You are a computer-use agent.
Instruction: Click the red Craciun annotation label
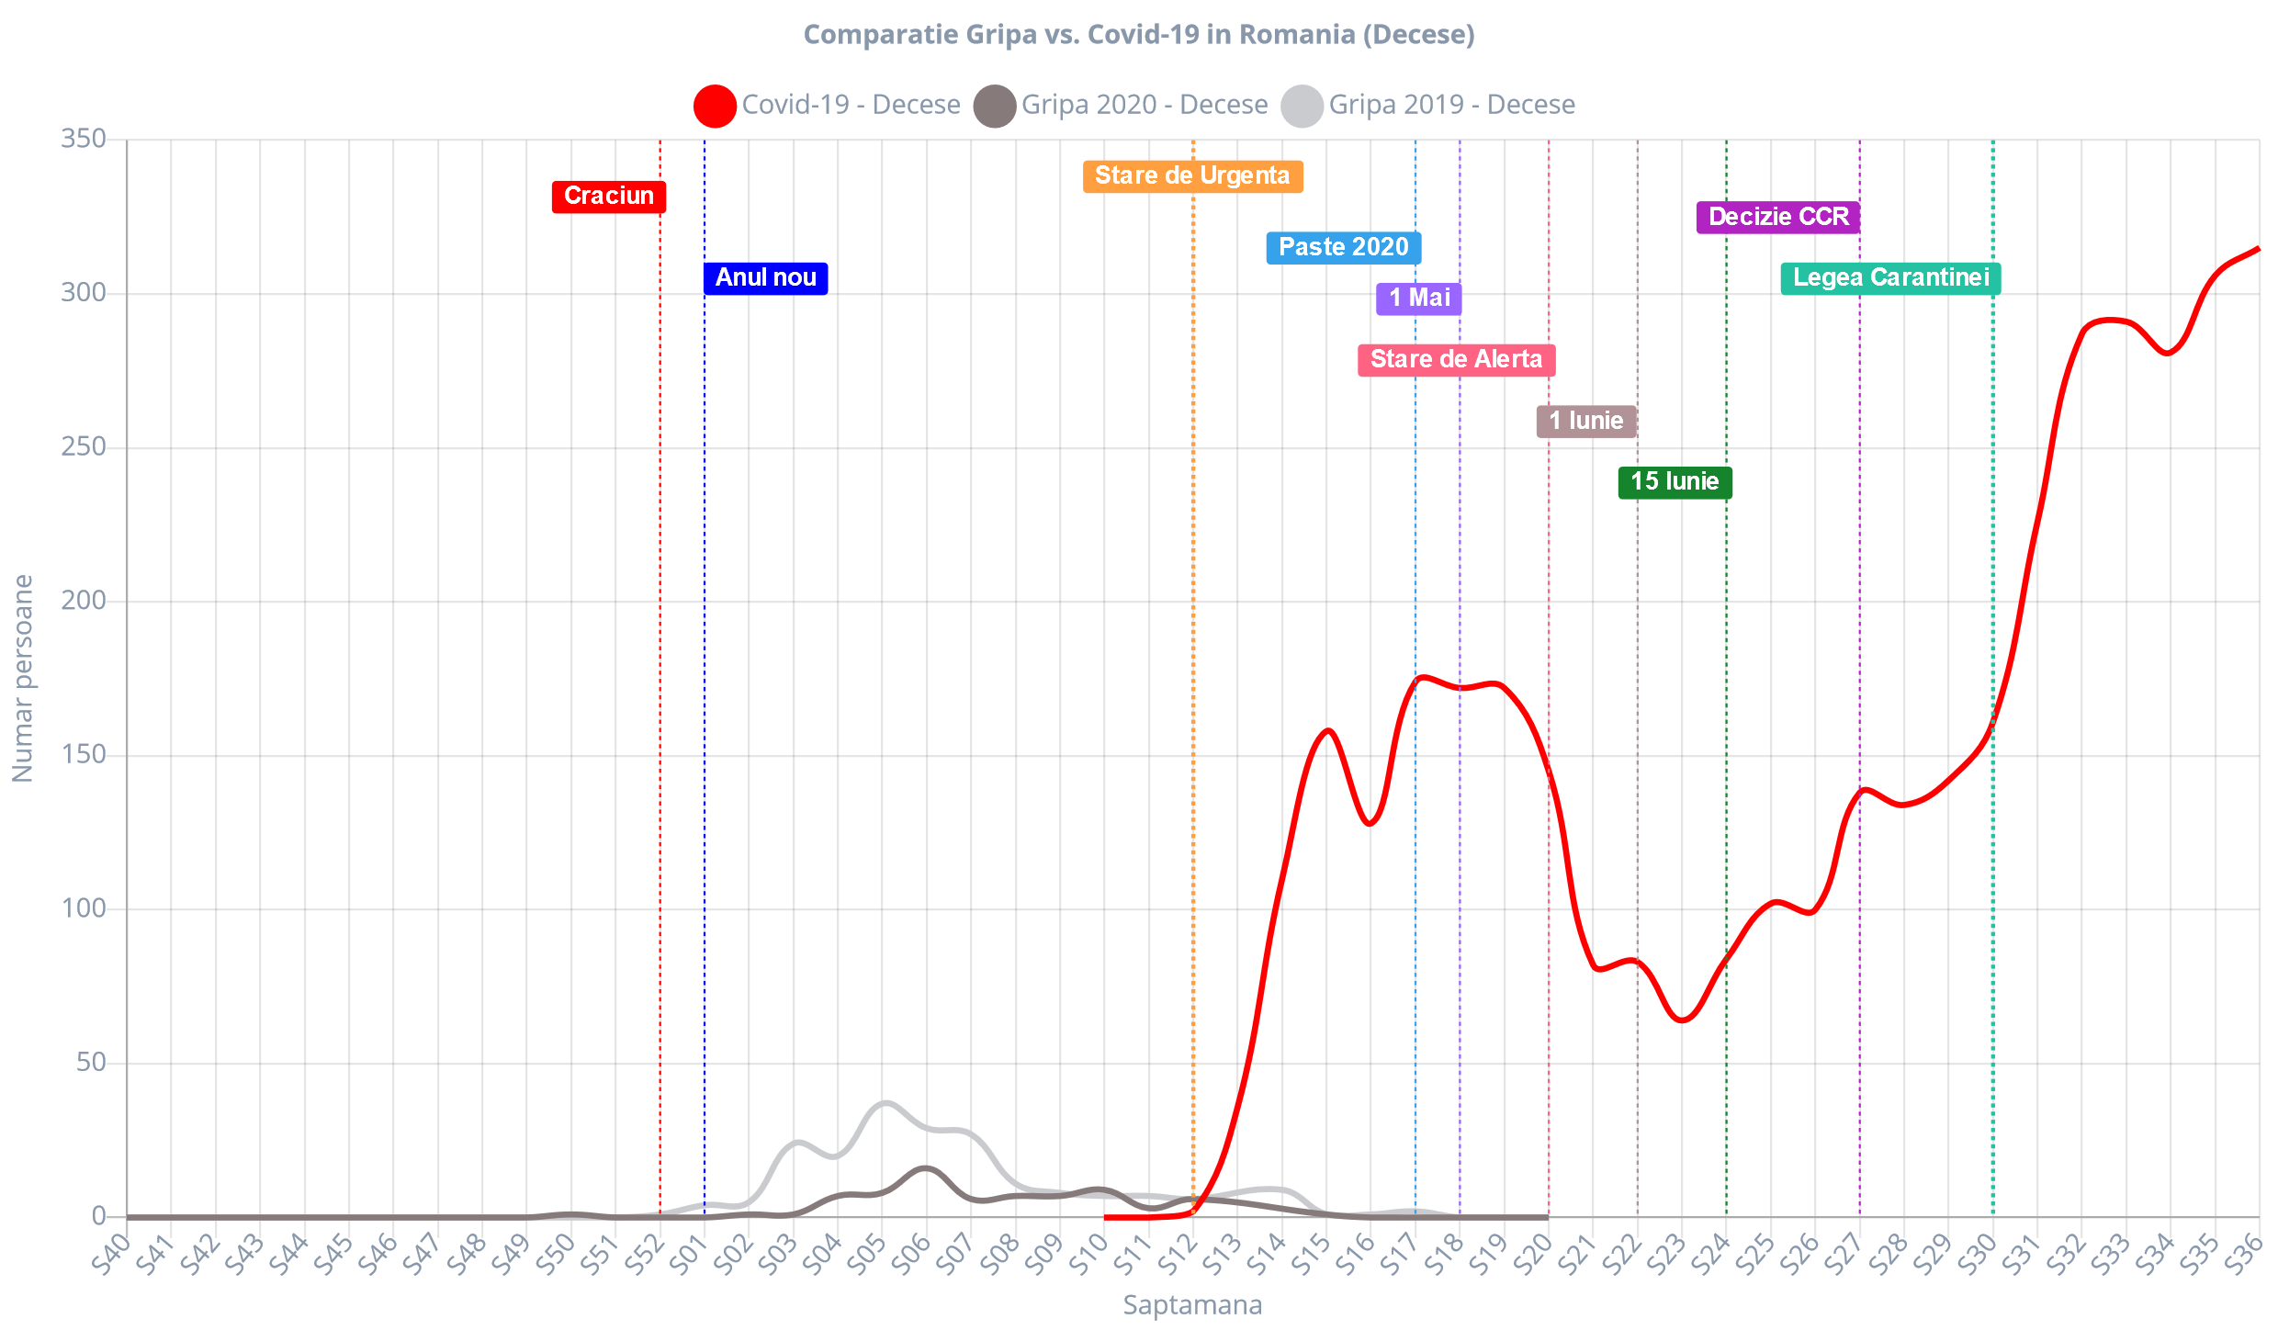(608, 197)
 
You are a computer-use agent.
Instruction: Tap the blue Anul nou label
(765, 277)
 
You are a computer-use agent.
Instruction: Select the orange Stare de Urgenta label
(1192, 175)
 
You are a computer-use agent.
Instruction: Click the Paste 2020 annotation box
(1343, 247)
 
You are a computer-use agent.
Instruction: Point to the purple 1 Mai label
(1418, 298)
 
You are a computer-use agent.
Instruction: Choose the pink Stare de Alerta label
(1456, 359)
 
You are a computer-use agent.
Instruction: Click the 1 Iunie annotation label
(1585, 421)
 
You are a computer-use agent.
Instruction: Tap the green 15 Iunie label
(1675, 481)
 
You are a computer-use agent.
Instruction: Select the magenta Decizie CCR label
(1777, 217)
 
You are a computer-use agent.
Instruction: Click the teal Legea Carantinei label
(1890, 277)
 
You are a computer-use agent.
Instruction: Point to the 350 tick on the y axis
(84, 139)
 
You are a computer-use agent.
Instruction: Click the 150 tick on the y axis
(84, 754)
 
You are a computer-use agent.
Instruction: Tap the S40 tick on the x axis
(112, 1255)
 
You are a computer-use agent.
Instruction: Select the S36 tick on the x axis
(2243, 1255)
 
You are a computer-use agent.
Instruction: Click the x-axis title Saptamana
(1192, 1305)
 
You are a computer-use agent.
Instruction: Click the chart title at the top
(1139, 35)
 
